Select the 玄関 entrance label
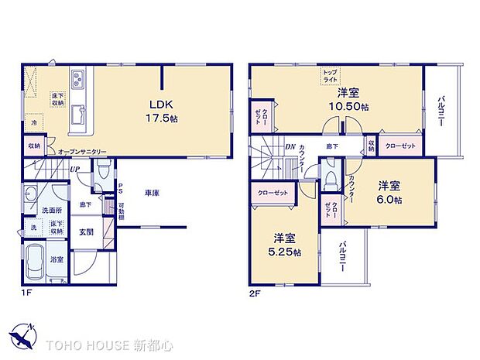point(86,231)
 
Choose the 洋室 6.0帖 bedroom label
point(389,193)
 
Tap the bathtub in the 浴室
point(36,264)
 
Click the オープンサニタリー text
point(81,152)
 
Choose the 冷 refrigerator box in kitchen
point(33,122)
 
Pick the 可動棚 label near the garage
point(121,211)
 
